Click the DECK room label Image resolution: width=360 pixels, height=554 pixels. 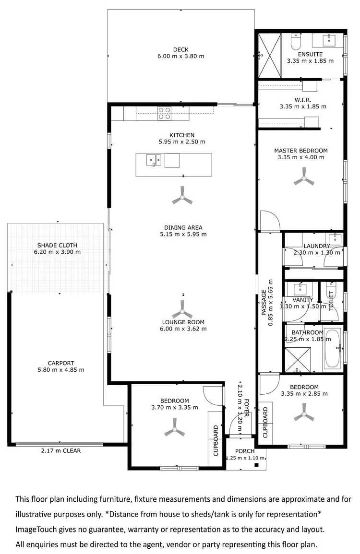pyautogui.click(x=180, y=49)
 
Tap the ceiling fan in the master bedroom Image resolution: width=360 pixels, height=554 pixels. pyautogui.click(x=303, y=180)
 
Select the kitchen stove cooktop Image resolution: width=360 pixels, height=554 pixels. pyautogui.click(x=165, y=113)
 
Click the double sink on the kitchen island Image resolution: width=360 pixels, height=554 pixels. pyautogui.click(x=154, y=160)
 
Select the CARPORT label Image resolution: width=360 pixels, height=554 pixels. pyautogui.click(x=61, y=363)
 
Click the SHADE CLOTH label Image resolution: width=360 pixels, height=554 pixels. pyautogui.click(x=57, y=245)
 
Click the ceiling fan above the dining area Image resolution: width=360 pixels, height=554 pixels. pyautogui.click(x=182, y=197)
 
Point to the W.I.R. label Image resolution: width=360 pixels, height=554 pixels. pyautogui.click(x=303, y=99)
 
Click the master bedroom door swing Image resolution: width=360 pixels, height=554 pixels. pyautogui.click(x=269, y=221)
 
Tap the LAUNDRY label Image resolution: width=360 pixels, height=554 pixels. pyautogui.click(x=316, y=246)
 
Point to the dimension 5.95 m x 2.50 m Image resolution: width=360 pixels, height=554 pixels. pyautogui.click(x=181, y=142)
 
